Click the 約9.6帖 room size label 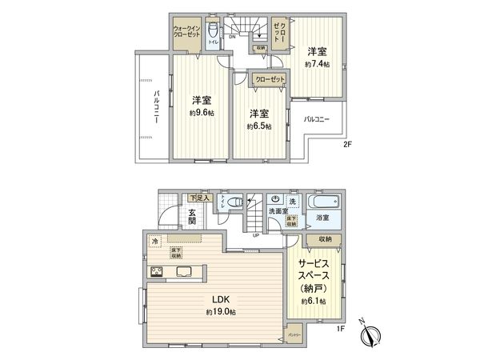[x=202, y=114]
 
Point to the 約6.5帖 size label [x=258, y=126]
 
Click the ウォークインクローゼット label [x=186, y=34]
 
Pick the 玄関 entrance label [x=193, y=218]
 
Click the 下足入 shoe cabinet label [x=198, y=198]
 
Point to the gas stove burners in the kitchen [x=157, y=273]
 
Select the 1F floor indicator [x=340, y=328]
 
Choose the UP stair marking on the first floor [x=255, y=235]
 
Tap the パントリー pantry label [x=294, y=334]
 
